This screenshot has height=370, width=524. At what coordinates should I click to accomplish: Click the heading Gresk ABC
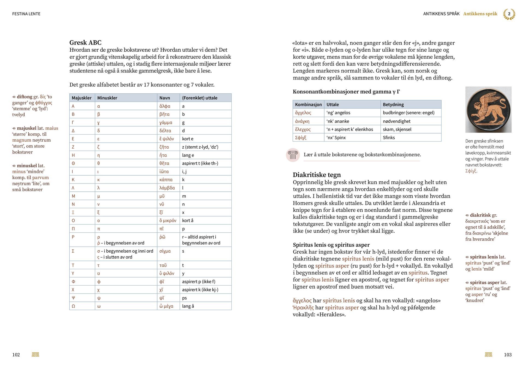85,43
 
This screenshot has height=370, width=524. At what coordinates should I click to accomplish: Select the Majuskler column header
82,98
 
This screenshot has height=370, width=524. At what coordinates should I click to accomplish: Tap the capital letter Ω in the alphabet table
73,306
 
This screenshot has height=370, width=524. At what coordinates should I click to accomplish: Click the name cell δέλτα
165,131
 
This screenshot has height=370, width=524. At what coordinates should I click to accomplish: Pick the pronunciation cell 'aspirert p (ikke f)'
199,282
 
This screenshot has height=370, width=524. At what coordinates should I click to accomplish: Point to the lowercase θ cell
99,163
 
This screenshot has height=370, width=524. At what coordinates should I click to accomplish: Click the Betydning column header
393,104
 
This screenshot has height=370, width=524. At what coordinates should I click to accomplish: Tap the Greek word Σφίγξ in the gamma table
300,137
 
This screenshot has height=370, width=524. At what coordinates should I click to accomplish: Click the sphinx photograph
488,109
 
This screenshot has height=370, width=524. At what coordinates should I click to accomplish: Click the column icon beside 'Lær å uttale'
293,155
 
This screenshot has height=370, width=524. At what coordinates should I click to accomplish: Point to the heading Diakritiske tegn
317,175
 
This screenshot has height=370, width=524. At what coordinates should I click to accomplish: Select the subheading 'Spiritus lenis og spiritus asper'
331,245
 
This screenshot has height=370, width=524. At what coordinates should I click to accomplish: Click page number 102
16,355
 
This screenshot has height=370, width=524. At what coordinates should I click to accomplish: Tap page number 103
508,355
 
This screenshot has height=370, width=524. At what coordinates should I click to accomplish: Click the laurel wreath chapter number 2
509,14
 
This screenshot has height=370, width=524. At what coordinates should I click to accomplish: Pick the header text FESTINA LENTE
26,14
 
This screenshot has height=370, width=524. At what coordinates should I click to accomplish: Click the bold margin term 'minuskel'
27,165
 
